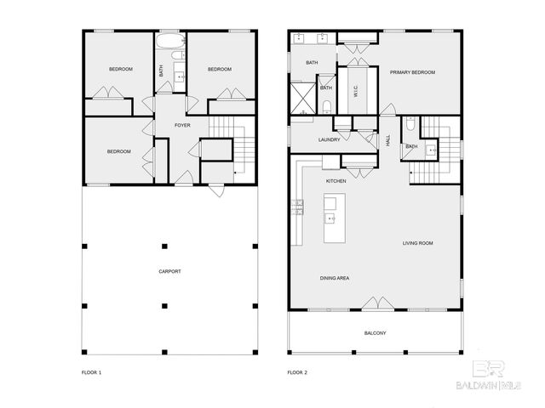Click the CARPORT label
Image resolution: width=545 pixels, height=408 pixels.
[x=169, y=271]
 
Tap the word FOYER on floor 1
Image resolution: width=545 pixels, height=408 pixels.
[x=182, y=126]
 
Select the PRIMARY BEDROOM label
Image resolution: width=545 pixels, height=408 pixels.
[x=412, y=72]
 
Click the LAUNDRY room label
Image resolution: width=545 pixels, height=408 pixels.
[x=330, y=139]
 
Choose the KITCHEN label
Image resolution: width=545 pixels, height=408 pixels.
[x=336, y=181]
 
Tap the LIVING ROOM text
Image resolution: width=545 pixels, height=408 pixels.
[x=418, y=243]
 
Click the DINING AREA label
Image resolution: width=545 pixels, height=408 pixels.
[x=335, y=278]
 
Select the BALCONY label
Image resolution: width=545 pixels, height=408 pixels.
[x=376, y=332]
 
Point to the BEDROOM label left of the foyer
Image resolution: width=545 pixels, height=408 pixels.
[x=118, y=151]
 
